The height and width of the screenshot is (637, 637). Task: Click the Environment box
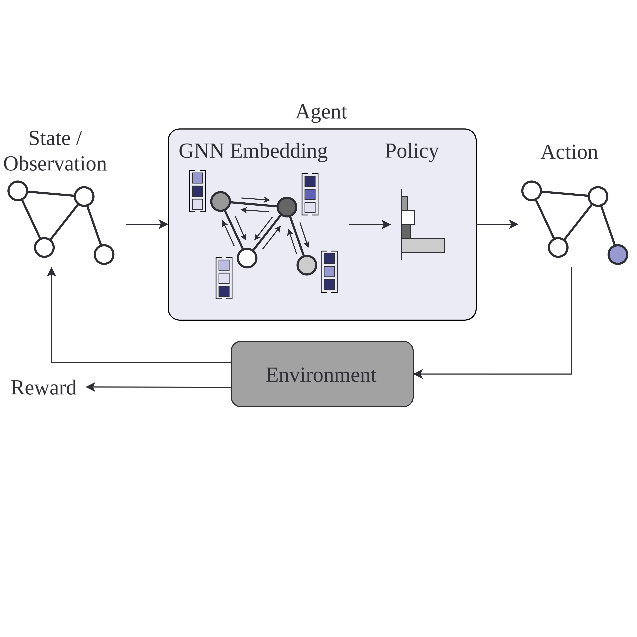(322, 374)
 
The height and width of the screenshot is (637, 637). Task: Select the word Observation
(55, 164)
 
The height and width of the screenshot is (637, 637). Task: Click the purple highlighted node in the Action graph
(618, 255)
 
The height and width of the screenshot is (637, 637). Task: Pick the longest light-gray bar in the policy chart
(423, 246)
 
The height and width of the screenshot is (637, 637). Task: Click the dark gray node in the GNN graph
(287, 207)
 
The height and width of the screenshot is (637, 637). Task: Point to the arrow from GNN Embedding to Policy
(369, 225)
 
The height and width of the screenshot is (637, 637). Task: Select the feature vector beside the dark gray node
(310, 194)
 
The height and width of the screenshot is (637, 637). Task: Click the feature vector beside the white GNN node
(224, 278)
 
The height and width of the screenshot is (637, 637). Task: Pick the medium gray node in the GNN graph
(220, 201)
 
